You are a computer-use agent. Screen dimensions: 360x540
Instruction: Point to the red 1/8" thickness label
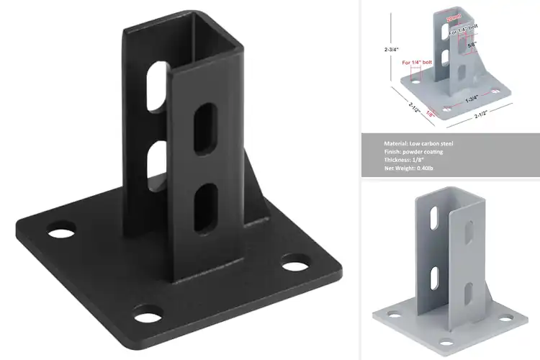[x=431, y=112]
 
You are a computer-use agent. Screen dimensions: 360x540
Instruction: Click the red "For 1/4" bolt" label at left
[x=417, y=63]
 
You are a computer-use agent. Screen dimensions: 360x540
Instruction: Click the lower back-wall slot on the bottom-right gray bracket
[x=435, y=274]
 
